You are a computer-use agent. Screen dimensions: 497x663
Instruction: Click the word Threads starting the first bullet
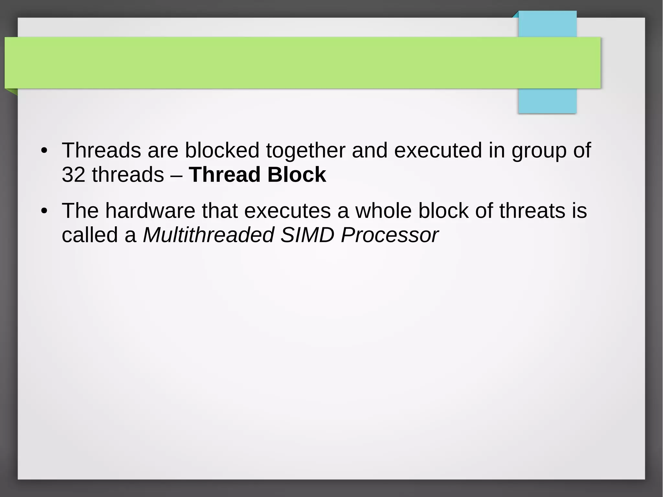click(101, 151)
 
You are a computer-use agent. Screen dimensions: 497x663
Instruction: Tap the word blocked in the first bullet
click(222, 151)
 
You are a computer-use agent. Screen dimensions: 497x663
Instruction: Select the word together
click(306, 151)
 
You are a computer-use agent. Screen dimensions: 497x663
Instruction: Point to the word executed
click(438, 151)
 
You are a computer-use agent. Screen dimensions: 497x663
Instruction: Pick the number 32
click(73, 175)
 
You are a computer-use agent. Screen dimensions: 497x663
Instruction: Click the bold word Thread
click(225, 175)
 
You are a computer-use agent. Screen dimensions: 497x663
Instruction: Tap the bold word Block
click(297, 175)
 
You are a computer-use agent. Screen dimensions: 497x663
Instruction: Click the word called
click(90, 235)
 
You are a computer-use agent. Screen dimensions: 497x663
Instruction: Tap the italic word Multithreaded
click(208, 235)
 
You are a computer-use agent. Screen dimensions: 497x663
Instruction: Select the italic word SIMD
click(307, 235)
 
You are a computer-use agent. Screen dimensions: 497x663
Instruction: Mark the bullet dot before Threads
click(44, 151)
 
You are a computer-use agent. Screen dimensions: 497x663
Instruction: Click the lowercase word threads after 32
click(128, 175)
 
